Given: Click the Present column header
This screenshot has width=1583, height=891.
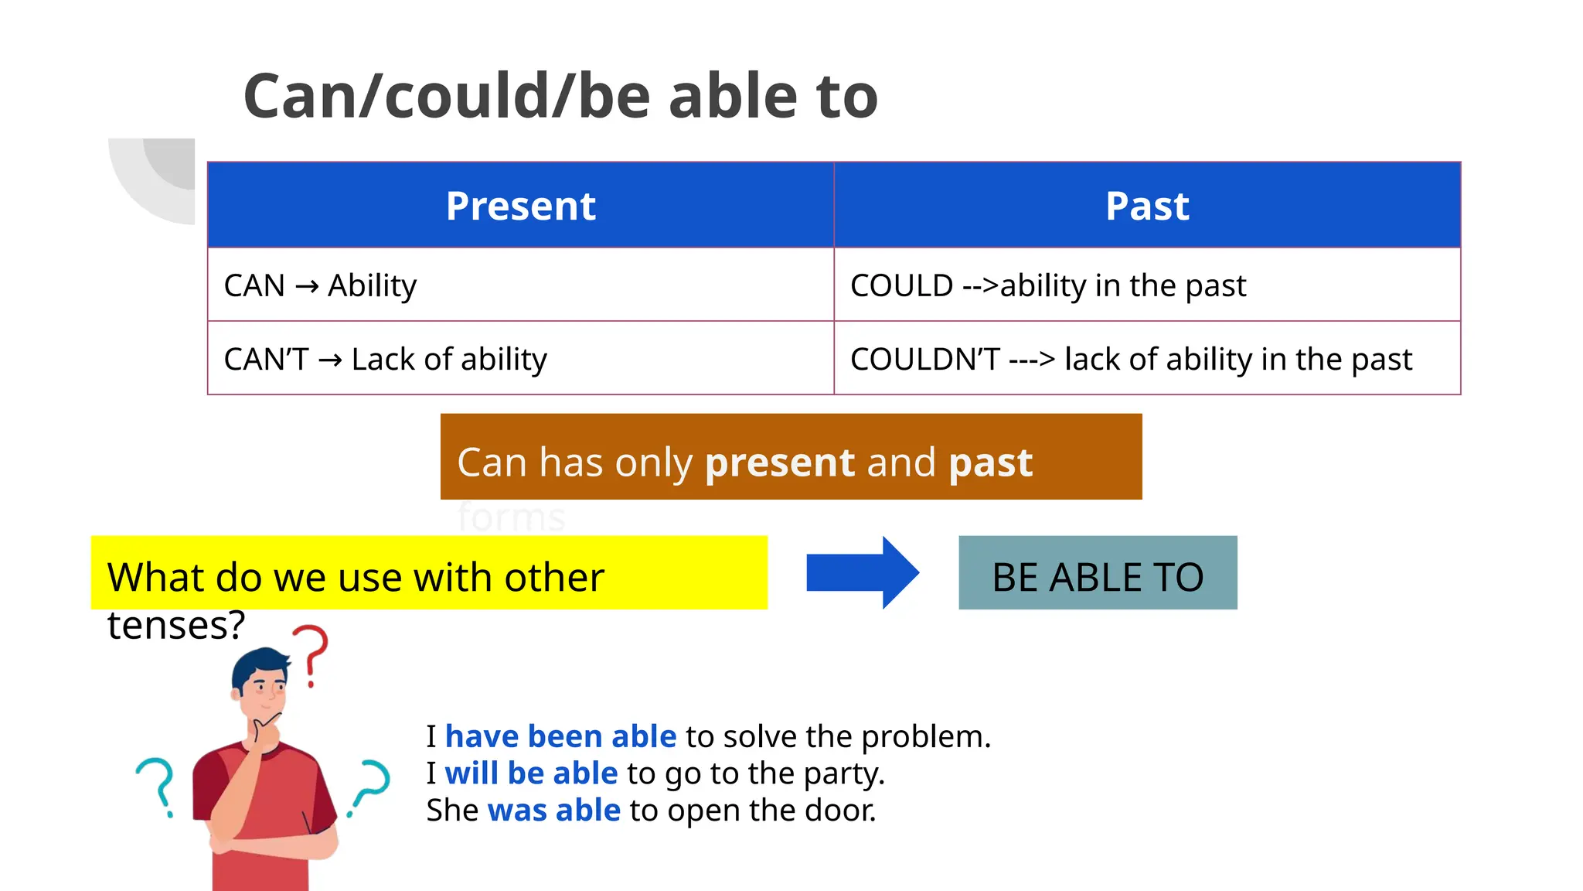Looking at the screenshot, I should (520, 206).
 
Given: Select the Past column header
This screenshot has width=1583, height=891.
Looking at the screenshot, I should (1147, 206).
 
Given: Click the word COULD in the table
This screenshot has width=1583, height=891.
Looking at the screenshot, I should (901, 285).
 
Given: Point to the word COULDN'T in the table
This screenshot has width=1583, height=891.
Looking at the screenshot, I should (924, 359).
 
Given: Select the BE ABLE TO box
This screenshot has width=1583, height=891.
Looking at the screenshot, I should (1098, 573).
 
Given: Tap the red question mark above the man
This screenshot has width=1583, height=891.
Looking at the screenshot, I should (311, 654).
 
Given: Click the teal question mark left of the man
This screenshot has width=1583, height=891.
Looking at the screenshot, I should (157, 785).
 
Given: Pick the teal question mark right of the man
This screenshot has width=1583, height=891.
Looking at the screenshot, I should (371, 785).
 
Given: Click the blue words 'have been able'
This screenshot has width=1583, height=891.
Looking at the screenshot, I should (560, 736).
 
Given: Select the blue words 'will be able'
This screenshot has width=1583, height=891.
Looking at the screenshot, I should (531, 773).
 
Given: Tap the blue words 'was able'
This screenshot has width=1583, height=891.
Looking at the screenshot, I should (553, 811).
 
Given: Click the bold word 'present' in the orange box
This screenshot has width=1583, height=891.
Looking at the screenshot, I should (779, 463).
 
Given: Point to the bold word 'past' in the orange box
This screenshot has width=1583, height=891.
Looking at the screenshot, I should (990, 463).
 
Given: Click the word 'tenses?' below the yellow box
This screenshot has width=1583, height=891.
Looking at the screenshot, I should (176, 625).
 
